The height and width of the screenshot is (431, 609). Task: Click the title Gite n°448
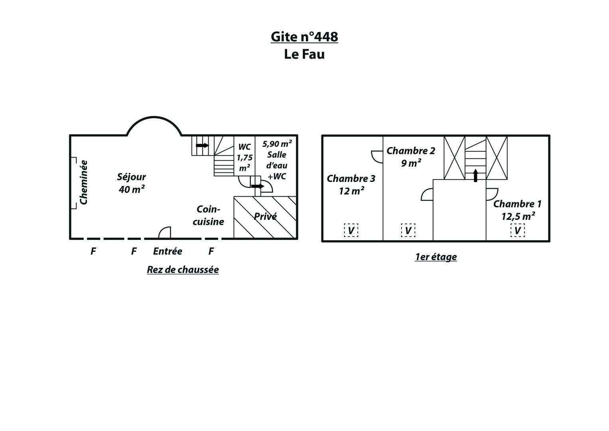[304, 37]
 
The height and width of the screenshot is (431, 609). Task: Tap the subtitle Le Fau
[304, 54]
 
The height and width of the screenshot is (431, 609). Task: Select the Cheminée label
[83, 182]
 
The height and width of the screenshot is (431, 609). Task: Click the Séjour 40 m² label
[131, 183]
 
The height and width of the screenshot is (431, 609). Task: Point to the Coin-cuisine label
[208, 215]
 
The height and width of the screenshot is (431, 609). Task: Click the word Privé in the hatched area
[265, 216]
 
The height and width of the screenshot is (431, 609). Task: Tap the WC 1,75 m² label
[244, 158]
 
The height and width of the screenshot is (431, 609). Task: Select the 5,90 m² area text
[277, 143]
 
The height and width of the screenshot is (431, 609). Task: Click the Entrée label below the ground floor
[168, 251]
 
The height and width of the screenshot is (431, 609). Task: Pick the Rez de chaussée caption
[183, 270]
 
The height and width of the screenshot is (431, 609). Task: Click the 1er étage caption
[436, 257]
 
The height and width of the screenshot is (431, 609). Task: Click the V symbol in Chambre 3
[351, 231]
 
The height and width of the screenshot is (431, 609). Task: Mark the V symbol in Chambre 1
[517, 230]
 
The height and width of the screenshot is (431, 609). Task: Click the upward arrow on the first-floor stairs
[475, 176]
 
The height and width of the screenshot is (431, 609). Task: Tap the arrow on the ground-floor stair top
[202, 145]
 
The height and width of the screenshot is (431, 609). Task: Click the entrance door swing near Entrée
[164, 233]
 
